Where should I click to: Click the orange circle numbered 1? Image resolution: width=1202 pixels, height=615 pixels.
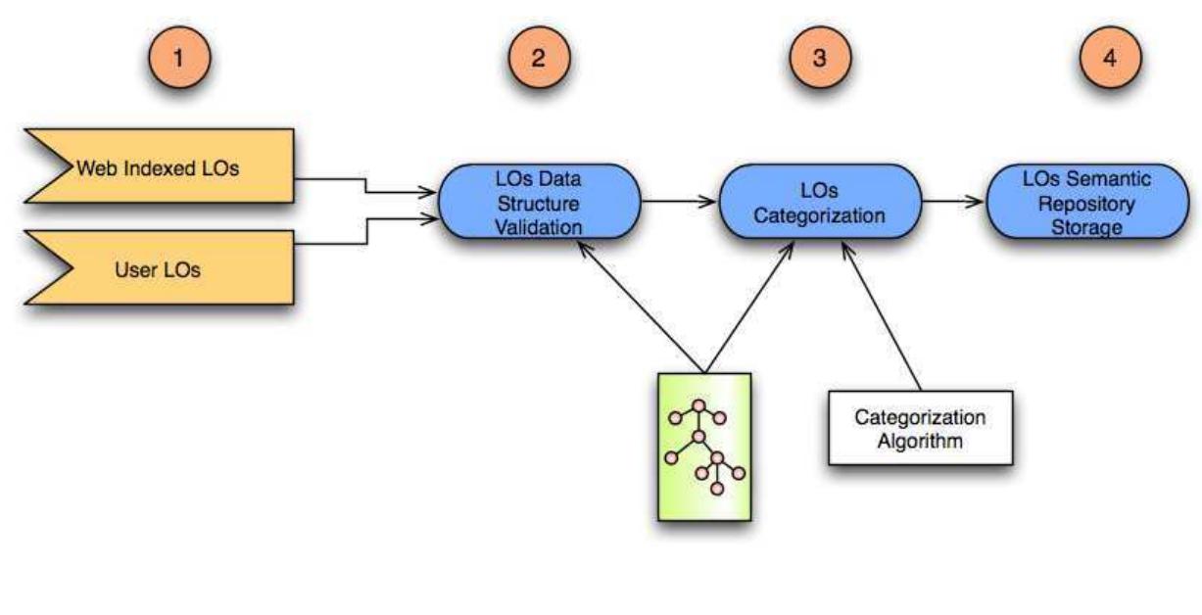click(179, 58)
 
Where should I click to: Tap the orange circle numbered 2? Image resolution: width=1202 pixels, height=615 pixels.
click(539, 58)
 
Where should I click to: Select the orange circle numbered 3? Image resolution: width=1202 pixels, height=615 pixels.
click(820, 58)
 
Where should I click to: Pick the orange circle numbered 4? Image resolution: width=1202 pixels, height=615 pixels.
click(1110, 58)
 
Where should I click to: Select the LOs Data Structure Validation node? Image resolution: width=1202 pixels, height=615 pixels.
click(540, 202)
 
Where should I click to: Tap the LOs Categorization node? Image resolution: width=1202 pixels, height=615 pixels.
click(820, 202)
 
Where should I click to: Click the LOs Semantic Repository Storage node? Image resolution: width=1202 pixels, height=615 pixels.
click(1087, 202)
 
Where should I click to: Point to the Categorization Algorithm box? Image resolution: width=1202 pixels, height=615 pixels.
click(921, 428)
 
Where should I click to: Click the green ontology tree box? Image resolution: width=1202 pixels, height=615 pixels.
click(704, 447)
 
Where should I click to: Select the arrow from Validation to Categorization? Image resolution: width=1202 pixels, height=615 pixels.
click(678, 202)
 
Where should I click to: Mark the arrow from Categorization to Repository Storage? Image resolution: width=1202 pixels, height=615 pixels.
click(953, 202)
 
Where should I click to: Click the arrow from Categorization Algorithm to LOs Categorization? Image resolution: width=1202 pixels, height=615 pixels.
click(881, 316)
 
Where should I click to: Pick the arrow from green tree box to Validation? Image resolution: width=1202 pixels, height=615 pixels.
click(641, 307)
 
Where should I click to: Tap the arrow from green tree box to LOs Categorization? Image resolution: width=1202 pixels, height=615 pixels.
click(749, 307)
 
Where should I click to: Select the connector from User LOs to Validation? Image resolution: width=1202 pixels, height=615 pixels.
click(367, 231)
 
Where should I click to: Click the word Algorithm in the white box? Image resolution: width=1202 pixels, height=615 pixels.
click(920, 441)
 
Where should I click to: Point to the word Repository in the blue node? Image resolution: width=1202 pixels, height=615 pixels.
click(1086, 204)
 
